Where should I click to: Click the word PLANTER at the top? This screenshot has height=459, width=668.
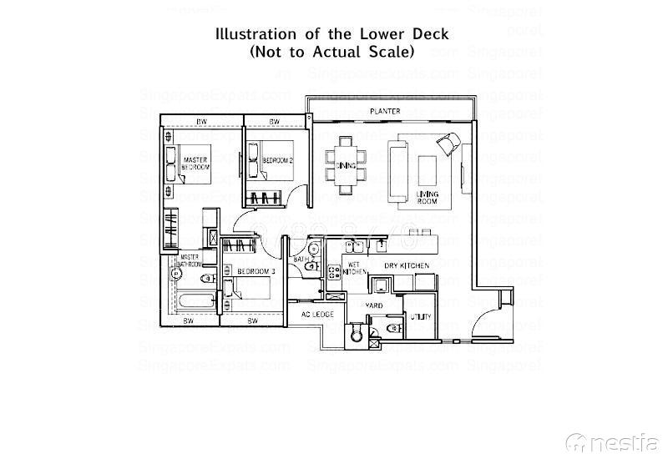[386, 110]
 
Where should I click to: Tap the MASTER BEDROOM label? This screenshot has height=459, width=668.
[195, 163]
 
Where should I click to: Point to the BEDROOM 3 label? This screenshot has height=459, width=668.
[256, 272]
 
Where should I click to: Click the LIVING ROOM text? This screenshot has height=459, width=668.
[428, 198]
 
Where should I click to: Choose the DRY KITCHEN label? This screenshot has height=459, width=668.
[407, 265]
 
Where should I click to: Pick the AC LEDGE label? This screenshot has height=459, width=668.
[317, 315]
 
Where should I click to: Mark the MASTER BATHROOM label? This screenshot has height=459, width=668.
[191, 260]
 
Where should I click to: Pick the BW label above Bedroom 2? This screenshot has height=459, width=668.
[272, 122]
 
